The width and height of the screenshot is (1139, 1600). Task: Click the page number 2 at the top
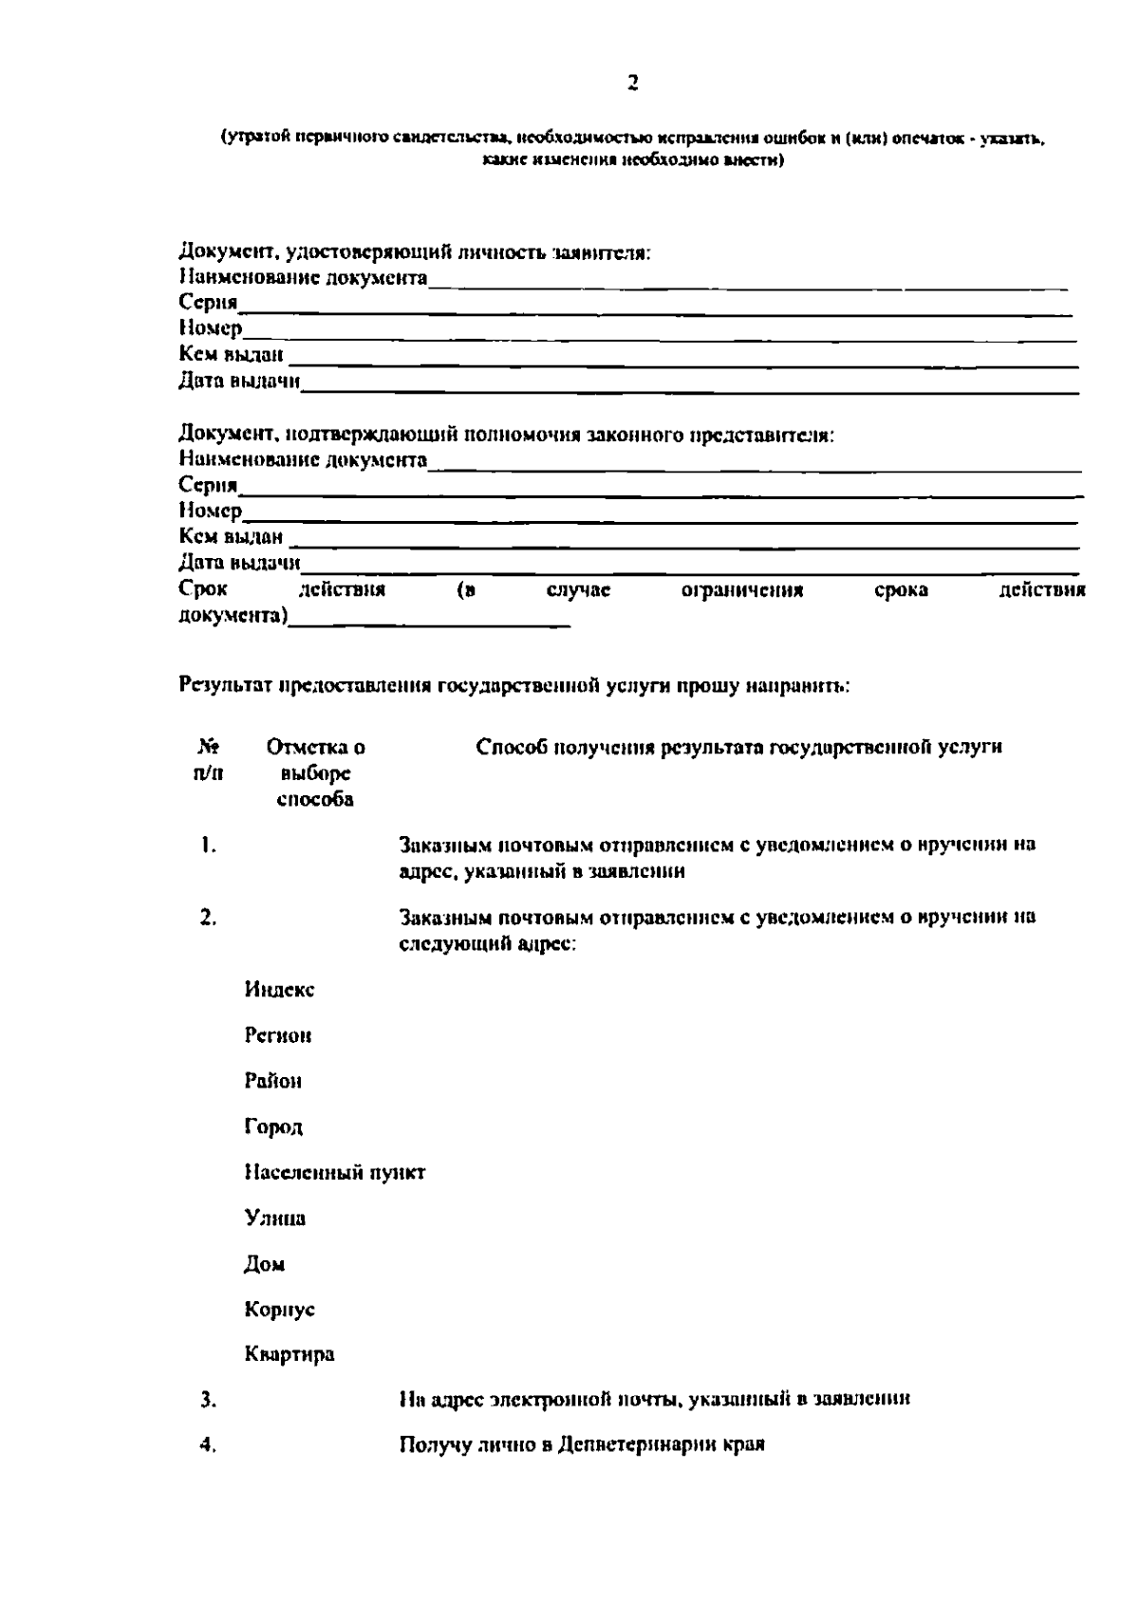(633, 84)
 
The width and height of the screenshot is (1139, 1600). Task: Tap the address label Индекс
(279, 990)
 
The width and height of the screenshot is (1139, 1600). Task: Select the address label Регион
(278, 1035)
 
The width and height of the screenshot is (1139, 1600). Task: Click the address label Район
(273, 1081)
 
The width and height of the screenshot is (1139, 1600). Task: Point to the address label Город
(273, 1127)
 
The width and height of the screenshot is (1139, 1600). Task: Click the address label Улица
(275, 1219)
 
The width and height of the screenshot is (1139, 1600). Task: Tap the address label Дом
(265, 1264)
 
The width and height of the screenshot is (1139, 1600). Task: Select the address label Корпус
(279, 1310)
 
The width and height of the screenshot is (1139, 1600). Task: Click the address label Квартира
(289, 1355)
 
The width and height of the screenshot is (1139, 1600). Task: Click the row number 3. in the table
(209, 1399)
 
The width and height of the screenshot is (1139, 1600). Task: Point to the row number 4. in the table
(209, 1445)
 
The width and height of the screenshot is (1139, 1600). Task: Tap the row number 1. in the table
(209, 846)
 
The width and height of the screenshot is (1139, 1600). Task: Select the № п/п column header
(209, 760)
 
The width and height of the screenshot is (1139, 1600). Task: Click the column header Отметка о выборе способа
(315, 773)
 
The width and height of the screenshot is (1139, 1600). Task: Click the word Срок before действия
(203, 590)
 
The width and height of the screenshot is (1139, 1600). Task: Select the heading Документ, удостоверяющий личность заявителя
(414, 253)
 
